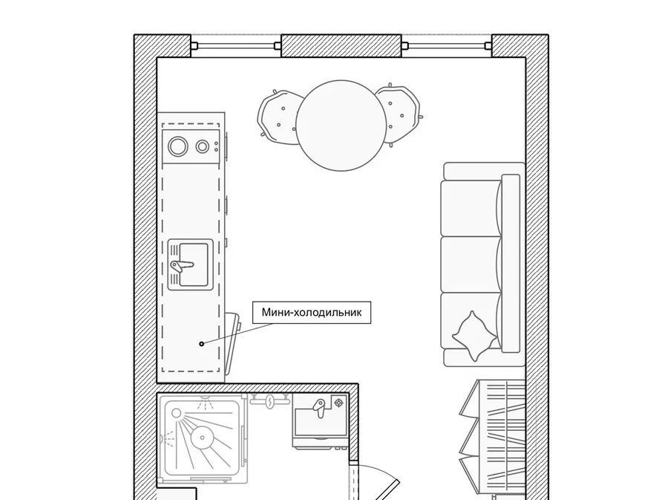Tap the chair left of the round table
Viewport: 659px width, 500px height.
[278, 116]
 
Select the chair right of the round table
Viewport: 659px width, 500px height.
[399, 114]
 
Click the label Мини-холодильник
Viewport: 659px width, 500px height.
[312, 313]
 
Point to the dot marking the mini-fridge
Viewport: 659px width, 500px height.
[201, 343]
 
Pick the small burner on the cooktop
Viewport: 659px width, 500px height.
[202, 146]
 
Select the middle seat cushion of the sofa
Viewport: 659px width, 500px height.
[471, 264]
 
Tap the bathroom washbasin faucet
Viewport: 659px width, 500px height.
[319, 407]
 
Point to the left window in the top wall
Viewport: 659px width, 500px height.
[236, 46]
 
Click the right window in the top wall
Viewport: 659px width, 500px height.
[447, 46]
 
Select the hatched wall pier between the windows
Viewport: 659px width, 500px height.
[341, 45]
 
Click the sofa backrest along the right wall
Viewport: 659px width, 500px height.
[511, 264]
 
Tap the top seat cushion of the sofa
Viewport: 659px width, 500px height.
[471, 208]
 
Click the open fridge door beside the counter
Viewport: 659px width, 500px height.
[232, 344]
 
